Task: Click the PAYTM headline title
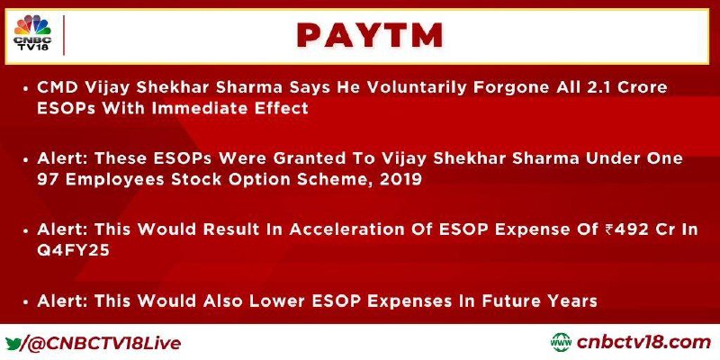(x=370, y=35)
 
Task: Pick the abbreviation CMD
(x=54, y=87)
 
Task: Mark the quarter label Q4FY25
(x=74, y=251)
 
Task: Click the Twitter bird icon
(x=13, y=343)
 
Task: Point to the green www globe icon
(x=561, y=343)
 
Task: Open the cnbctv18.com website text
(x=643, y=343)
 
